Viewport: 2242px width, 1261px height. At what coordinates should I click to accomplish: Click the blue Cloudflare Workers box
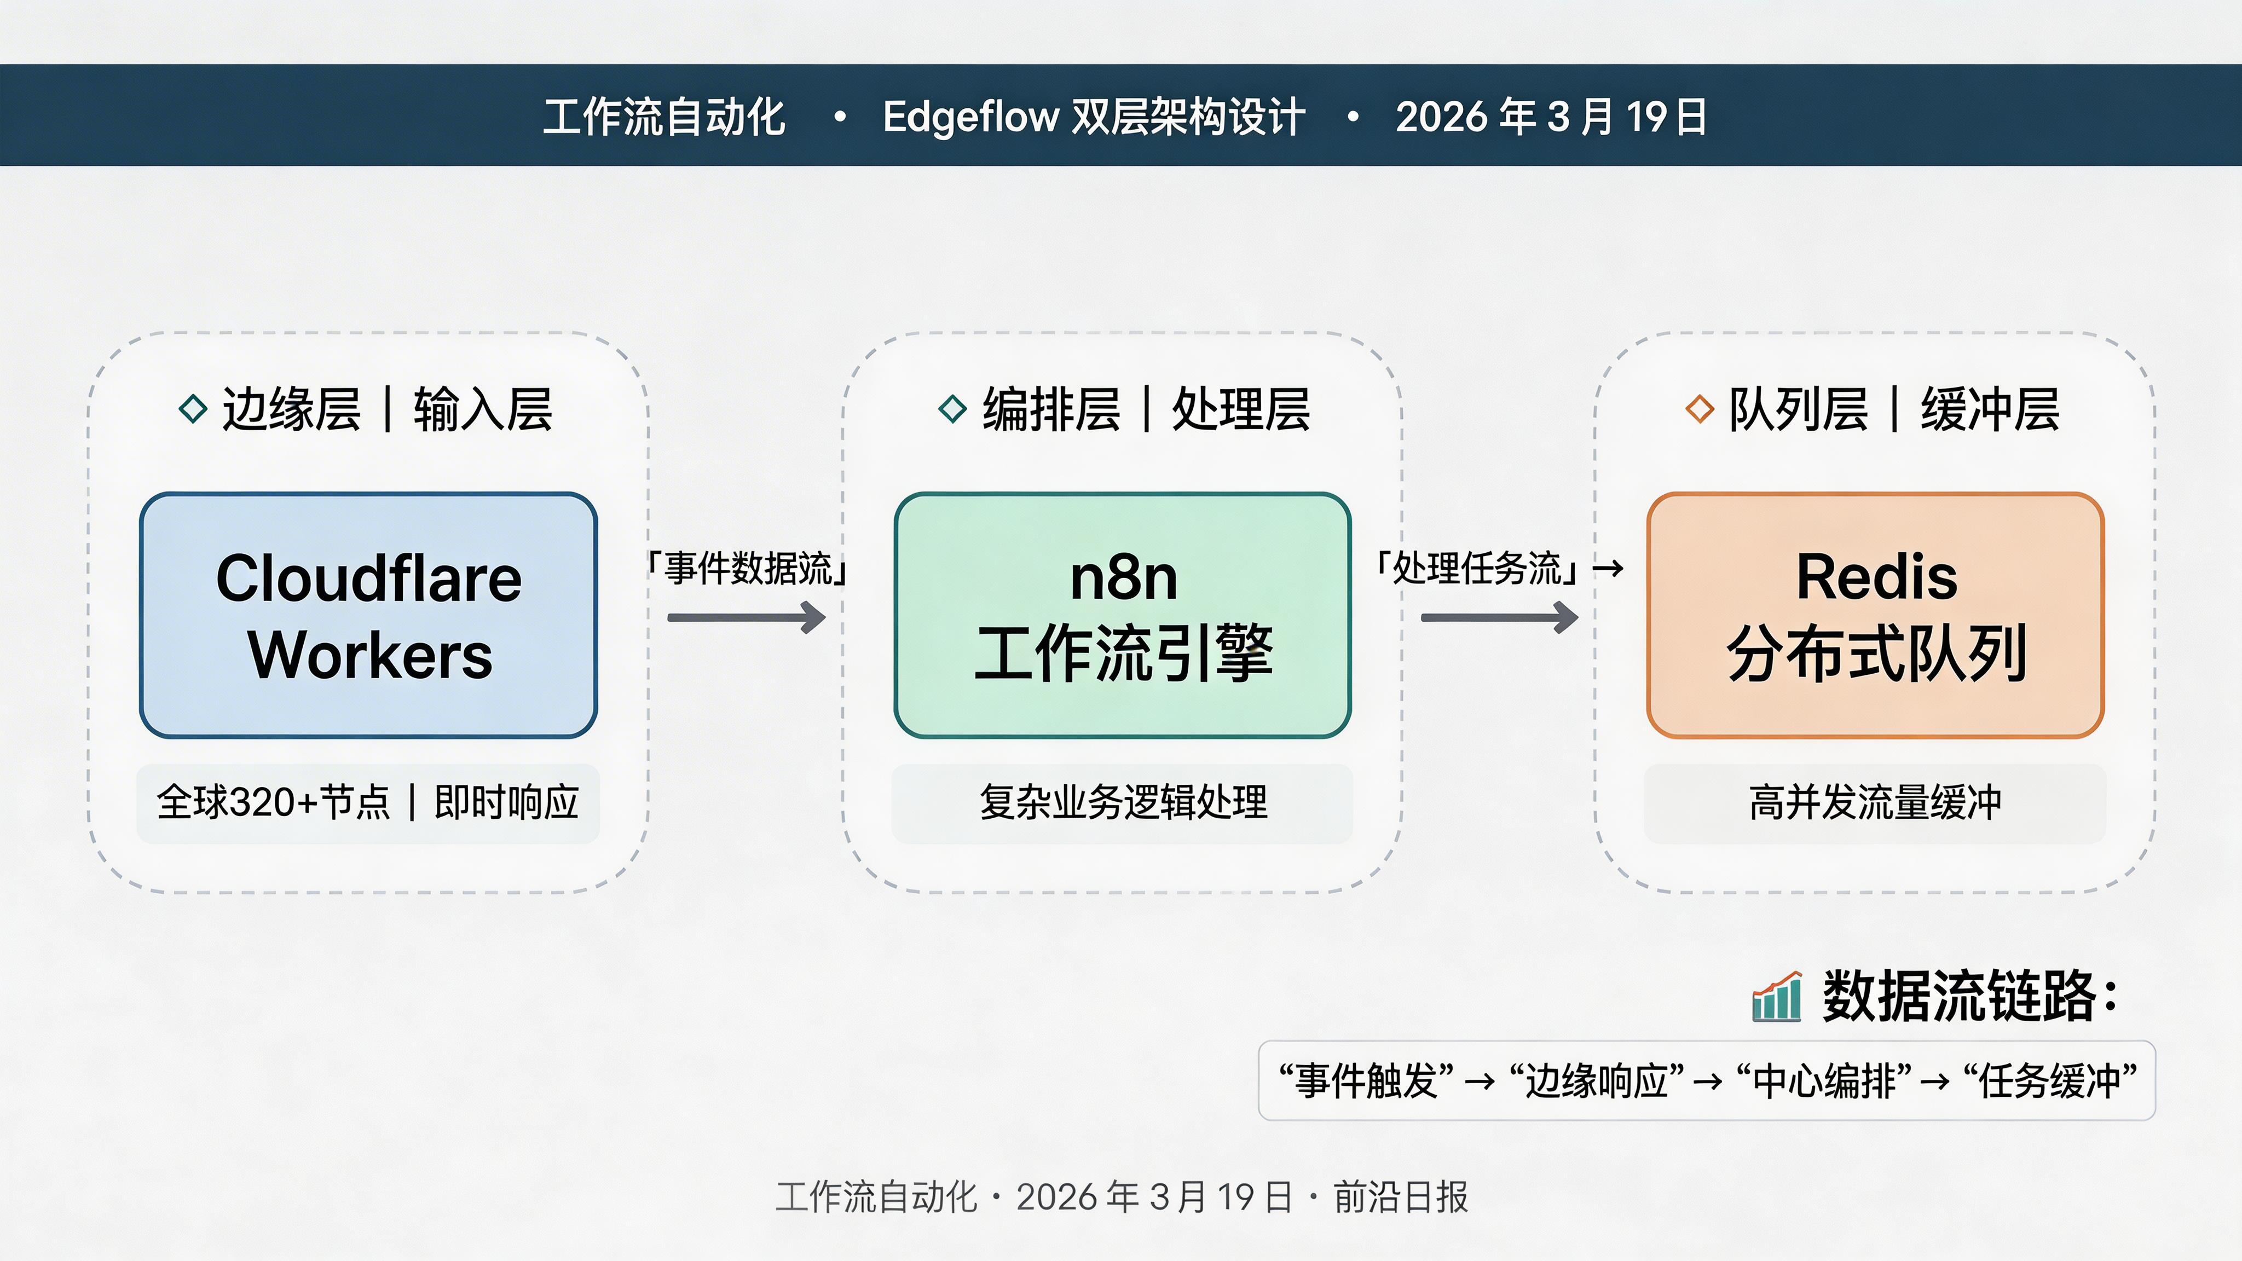point(368,615)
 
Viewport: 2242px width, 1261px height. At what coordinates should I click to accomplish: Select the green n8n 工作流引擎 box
point(1122,615)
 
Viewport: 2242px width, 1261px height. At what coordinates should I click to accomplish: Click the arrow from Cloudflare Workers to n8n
point(746,618)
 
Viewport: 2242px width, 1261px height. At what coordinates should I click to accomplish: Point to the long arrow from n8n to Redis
point(1499,618)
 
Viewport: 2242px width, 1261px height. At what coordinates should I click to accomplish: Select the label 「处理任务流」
point(1476,568)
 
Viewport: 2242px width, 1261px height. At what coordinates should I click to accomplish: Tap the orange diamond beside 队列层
point(1699,409)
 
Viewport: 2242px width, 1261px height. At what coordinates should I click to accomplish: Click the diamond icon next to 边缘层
point(192,409)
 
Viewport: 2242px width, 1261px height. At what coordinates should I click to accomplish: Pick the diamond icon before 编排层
point(953,409)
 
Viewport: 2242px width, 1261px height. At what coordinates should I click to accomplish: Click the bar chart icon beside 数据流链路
point(1776,997)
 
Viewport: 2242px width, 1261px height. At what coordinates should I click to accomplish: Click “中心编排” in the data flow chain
point(1824,1081)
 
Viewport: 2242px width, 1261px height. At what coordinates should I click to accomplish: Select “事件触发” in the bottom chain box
point(1366,1081)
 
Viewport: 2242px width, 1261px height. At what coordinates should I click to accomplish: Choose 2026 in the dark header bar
point(1441,117)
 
